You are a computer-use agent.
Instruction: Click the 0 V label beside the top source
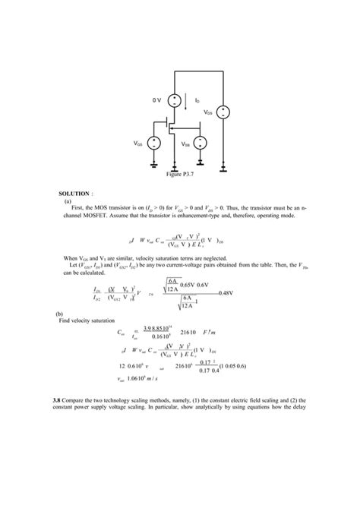[156, 100]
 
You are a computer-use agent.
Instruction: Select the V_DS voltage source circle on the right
[223, 112]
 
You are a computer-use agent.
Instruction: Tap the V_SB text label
[186, 143]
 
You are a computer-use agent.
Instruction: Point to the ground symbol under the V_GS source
[154, 163]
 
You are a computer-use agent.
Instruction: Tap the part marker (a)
[68, 202]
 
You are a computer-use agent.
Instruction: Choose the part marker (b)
[60, 313]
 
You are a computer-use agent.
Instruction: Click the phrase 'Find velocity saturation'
[90, 320]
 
